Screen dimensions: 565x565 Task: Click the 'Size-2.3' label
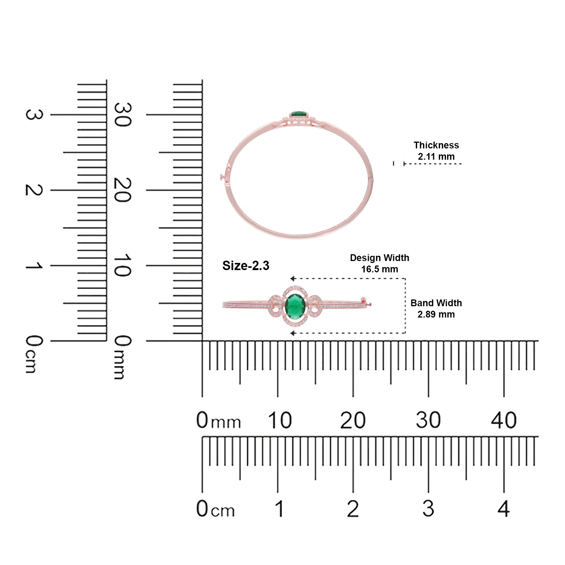[x=246, y=266]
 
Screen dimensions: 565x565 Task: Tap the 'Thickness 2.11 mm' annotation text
[x=436, y=151]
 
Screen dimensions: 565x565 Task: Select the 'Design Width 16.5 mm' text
[x=379, y=263]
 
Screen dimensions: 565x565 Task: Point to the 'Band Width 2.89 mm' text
[x=436, y=308]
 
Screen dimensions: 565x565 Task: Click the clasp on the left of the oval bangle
[x=224, y=176]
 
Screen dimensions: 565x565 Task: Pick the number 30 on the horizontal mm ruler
[x=428, y=420]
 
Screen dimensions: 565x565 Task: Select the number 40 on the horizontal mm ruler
[x=504, y=420]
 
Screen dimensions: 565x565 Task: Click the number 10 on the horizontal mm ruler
[x=279, y=420]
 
